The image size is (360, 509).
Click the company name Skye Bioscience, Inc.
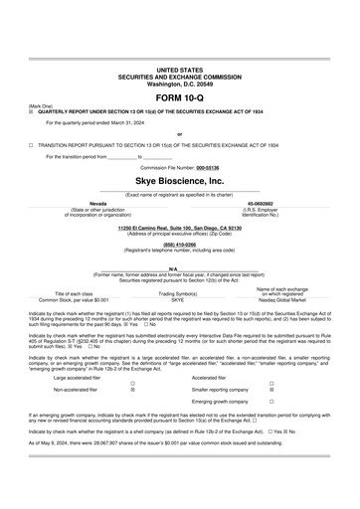click(179, 183)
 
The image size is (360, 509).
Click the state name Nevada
click(99, 202)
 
